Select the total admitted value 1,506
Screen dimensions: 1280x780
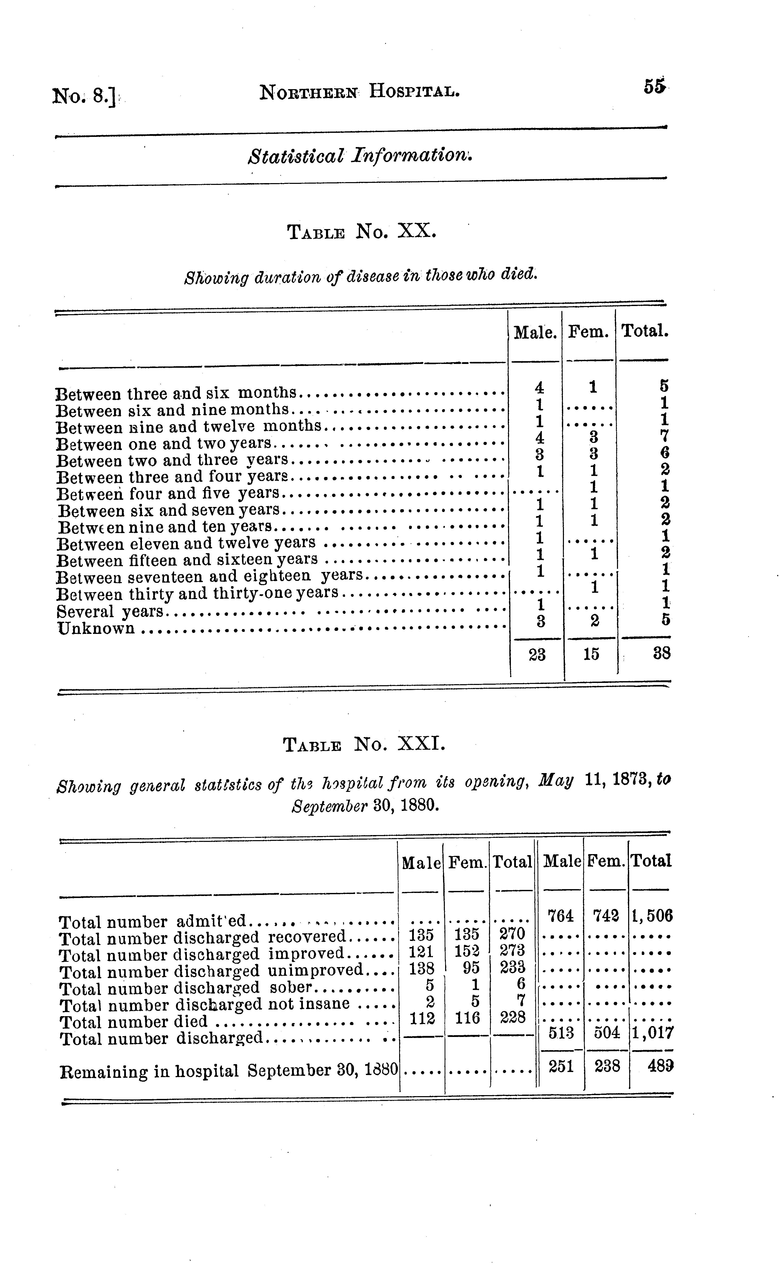[x=652, y=916]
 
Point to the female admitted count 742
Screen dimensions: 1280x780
[x=606, y=916]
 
